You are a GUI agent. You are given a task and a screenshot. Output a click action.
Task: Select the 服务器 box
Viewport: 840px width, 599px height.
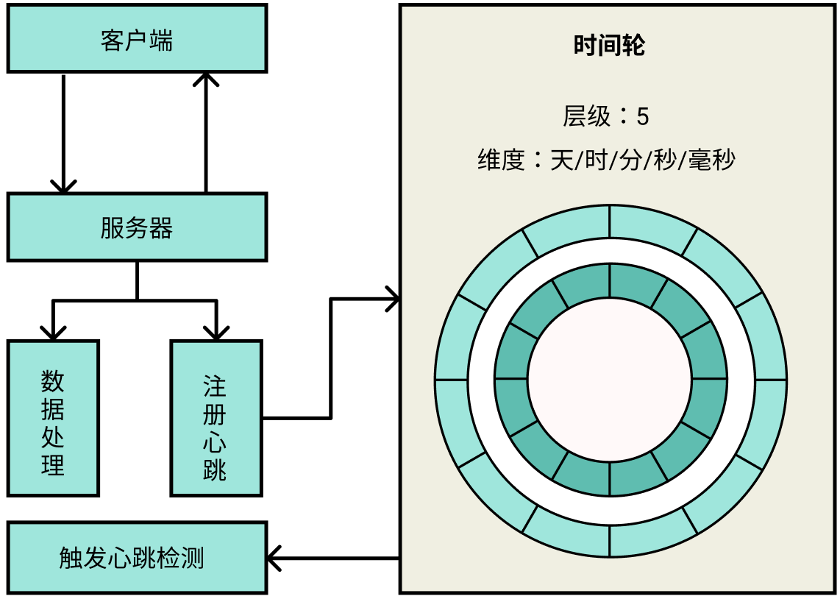pos(137,227)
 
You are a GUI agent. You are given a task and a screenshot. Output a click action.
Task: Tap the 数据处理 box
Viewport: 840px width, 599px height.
pos(53,417)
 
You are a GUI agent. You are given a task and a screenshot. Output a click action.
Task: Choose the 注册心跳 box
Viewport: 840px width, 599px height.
pos(216,417)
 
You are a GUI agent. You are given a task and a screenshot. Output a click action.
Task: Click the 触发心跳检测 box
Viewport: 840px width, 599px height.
pos(137,558)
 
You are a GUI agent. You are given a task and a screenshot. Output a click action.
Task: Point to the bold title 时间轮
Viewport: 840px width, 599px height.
pos(609,46)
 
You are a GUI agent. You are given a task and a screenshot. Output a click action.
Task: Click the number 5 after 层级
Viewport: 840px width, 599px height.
pos(643,116)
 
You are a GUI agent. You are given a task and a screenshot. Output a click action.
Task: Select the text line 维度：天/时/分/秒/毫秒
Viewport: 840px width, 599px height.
pos(607,160)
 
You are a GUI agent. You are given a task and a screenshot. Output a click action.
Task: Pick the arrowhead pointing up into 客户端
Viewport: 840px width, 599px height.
pos(206,79)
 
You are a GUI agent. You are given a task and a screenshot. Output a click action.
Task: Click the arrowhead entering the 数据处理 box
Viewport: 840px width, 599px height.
pos(52,331)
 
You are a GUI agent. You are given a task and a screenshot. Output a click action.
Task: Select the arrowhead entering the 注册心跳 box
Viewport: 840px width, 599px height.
pos(216,331)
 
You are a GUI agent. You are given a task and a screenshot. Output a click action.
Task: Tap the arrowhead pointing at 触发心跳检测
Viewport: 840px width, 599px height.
pos(274,558)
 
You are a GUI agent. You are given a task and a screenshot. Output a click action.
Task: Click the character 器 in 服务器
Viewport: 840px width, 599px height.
pos(161,228)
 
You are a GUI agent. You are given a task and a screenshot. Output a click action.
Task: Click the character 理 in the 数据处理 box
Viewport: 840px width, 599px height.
pos(53,465)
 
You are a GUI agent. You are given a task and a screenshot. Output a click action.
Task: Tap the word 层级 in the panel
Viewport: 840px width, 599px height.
pos(586,116)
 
